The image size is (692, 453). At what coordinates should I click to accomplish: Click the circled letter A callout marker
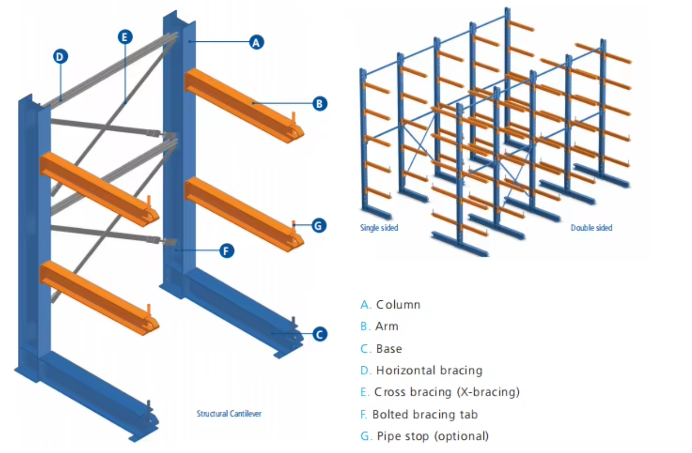[256, 42]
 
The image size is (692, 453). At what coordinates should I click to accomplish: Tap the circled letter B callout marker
[319, 103]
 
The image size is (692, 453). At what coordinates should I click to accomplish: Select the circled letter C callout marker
[319, 334]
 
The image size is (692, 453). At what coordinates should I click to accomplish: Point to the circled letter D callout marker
[60, 56]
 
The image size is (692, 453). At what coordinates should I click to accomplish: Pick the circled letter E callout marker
[125, 37]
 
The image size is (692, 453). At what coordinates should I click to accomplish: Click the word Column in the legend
[398, 305]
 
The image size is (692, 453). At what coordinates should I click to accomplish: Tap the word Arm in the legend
[387, 326]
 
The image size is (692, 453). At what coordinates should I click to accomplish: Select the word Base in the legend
[389, 349]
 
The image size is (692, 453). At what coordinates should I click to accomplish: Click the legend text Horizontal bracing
[429, 370]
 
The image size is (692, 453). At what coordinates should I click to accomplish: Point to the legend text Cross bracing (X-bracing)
[447, 392]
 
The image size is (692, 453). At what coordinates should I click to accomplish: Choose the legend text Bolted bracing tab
[425, 414]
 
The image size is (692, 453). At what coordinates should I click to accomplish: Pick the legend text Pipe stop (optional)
[433, 436]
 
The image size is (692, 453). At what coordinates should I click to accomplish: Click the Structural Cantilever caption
[229, 414]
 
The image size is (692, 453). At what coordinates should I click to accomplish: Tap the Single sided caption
[379, 228]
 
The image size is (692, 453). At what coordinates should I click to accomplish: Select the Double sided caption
[591, 228]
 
